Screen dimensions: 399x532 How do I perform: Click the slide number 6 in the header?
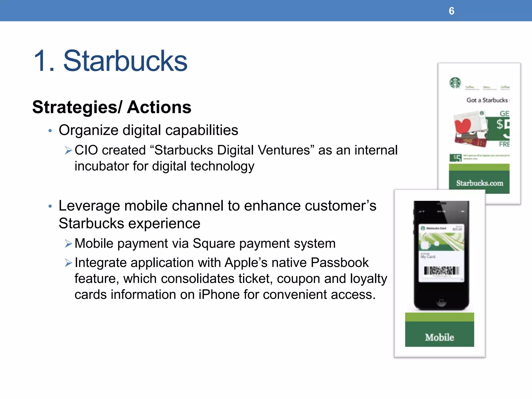pos(451,11)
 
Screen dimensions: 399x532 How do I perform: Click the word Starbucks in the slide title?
pos(125,61)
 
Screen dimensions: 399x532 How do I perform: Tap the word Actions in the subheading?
pos(159,107)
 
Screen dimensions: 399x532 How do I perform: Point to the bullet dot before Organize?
pos(50,131)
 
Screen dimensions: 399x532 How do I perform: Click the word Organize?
pos(88,130)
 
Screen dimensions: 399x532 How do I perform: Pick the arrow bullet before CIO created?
pos(68,150)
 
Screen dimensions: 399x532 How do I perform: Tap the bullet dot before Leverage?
pos(50,207)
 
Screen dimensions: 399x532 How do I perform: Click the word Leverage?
pos(89,206)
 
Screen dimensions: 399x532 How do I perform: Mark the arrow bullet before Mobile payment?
pos(68,244)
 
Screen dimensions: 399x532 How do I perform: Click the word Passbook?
pos(340,263)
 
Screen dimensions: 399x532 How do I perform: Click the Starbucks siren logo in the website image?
pos(455,83)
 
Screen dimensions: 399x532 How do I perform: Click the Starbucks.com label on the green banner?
pos(480,183)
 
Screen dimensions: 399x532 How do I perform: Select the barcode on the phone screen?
pos(441,271)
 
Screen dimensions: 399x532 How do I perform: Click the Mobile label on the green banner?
pos(440,337)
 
